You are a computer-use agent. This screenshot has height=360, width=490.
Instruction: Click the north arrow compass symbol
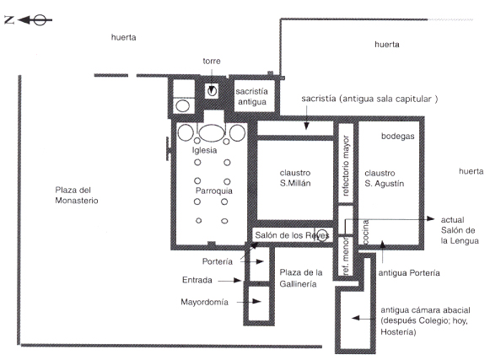click(28, 20)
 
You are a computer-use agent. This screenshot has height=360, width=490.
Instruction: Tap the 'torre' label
click(212, 61)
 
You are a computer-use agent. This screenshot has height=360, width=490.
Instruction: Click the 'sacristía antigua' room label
click(251, 97)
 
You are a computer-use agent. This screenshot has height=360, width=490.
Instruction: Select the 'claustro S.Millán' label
click(295, 178)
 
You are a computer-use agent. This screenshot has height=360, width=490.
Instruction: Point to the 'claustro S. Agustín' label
click(384, 178)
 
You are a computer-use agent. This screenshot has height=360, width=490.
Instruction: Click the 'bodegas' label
click(398, 137)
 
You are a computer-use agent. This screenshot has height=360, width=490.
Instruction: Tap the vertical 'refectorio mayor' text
click(346, 165)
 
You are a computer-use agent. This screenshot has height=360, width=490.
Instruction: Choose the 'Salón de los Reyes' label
click(292, 235)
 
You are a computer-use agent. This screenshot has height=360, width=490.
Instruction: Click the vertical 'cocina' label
click(365, 232)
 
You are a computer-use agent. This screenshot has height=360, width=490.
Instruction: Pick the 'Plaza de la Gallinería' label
click(300, 278)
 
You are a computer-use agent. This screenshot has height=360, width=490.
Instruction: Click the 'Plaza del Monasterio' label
click(77, 196)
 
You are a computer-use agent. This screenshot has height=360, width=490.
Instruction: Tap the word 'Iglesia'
click(204, 150)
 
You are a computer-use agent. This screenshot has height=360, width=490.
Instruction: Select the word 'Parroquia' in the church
click(214, 191)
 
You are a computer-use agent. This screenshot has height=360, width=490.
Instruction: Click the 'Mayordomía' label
click(204, 302)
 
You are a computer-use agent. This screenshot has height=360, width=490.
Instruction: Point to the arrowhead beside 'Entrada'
click(238, 281)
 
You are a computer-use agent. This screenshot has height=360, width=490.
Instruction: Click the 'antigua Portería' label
click(409, 273)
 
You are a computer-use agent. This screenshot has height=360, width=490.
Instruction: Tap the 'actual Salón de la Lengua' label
click(460, 230)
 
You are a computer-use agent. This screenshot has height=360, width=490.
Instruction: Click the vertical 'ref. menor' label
click(346, 256)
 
